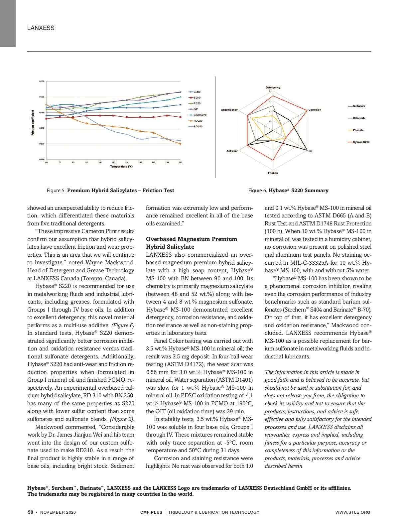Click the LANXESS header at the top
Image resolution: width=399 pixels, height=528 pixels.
coord(41,28)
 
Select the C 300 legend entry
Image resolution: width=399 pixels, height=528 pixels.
coord(197,92)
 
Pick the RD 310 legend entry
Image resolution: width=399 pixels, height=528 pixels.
coord(198,126)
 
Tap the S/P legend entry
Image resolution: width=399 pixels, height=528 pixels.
coord(196,109)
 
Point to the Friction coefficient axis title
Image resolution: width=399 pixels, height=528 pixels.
coord(33,123)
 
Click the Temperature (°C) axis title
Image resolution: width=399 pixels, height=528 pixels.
coord(121,167)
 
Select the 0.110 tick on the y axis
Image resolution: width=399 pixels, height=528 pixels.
coord(42,81)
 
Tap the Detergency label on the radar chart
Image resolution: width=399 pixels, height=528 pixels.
coord(273,87)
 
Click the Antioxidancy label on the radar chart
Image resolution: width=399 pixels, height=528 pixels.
coord(229,110)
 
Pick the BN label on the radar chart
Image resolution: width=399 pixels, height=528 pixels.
coord(310,151)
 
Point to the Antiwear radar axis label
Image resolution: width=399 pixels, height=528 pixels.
coord(232,151)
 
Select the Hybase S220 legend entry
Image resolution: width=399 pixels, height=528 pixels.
coord(361,142)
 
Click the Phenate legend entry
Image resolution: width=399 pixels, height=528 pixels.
coord(358,130)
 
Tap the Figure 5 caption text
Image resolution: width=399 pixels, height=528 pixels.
coord(110,191)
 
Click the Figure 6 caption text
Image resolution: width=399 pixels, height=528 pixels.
coord(288,191)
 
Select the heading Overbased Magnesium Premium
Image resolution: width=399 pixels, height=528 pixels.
coord(192,239)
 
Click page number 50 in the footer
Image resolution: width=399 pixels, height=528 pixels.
coord(30,512)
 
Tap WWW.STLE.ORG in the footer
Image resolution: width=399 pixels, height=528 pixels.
coord(352,512)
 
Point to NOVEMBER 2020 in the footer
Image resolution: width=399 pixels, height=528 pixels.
coord(58,512)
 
